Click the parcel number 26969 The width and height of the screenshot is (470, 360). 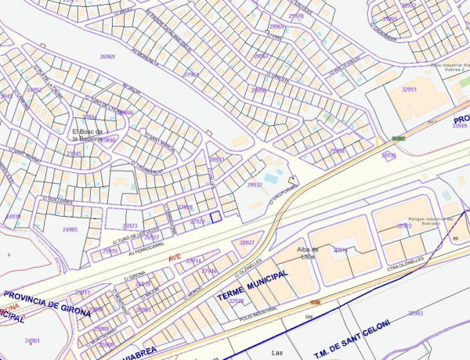(107, 57)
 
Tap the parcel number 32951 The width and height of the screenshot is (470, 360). (408, 90)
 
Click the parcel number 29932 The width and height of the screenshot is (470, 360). (255, 185)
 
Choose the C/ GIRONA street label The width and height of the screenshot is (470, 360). (136, 276)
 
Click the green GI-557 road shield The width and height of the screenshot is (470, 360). (399, 139)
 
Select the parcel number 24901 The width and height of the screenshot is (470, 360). (32, 341)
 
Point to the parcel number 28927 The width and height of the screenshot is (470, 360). (248, 243)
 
